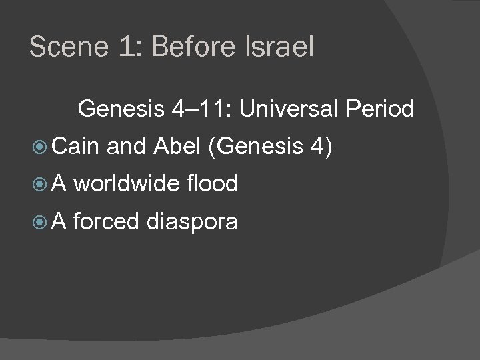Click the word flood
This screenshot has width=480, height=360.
pos(213,183)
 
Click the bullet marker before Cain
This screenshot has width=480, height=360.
pos(39,145)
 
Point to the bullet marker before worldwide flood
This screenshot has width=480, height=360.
pos(39,184)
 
